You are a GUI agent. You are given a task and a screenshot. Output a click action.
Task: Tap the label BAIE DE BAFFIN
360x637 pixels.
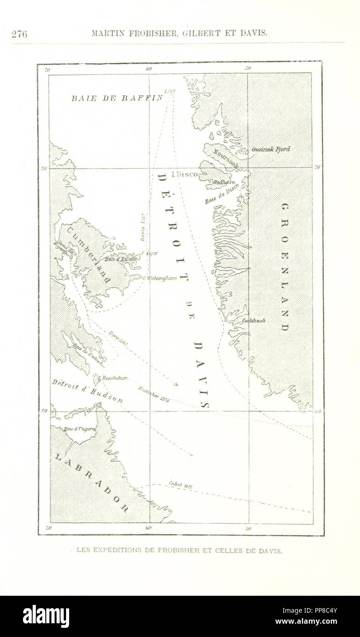[117, 98]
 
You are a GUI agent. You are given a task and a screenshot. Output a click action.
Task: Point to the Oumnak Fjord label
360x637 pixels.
[271, 149]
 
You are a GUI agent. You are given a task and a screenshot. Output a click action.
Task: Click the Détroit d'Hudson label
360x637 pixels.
[87, 390]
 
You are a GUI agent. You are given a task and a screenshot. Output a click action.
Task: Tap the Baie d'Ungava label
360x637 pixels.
[80, 428]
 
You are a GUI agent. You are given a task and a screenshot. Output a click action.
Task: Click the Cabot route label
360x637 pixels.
[180, 485]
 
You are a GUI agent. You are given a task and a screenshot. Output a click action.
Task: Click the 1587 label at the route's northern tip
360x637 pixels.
[170, 91]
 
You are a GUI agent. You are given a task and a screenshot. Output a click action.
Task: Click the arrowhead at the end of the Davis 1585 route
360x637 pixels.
[176, 384]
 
